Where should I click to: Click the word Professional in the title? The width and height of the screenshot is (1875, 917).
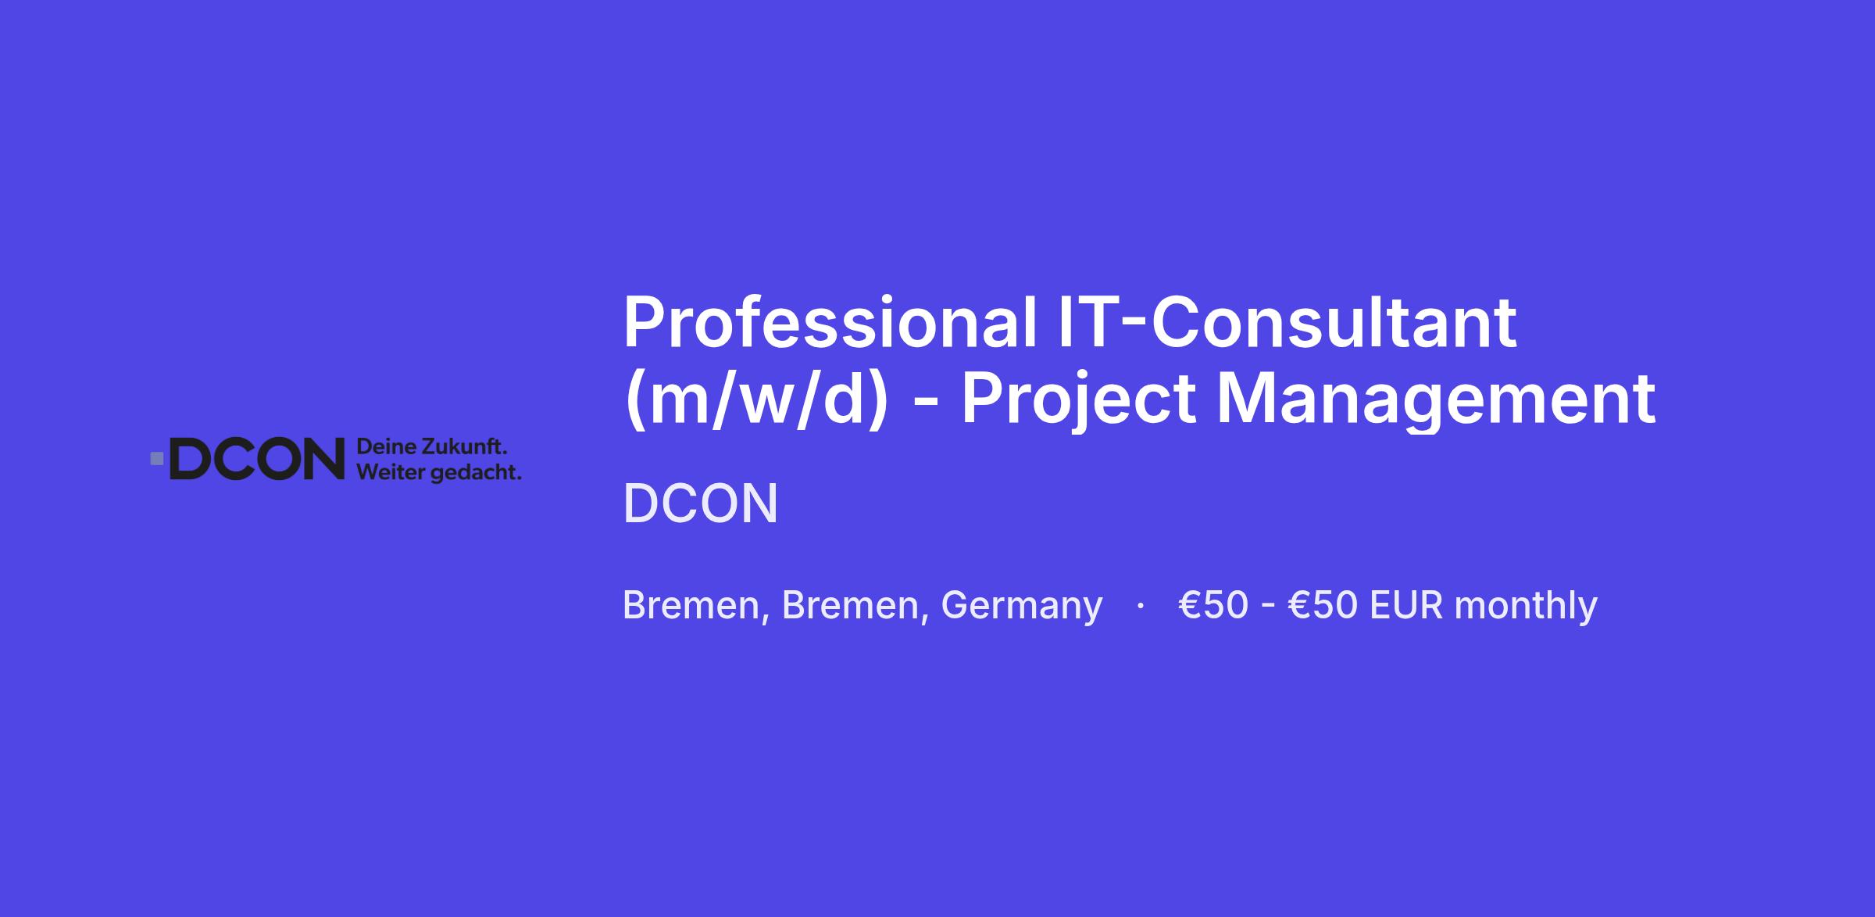pyautogui.click(x=830, y=322)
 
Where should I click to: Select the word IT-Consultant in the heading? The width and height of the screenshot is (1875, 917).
pyautogui.click(x=1287, y=322)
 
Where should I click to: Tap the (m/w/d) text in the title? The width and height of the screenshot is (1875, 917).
pyautogui.click(x=756, y=399)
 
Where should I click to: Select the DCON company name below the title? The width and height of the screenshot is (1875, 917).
pyautogui.click(x=701, y=503)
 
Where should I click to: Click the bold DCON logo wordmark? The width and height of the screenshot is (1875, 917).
pyautogui.click(x=257, y=459)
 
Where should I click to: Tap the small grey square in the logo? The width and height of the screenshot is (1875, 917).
pyautogui.click(x=157, y=459)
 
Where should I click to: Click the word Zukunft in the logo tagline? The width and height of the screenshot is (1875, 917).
pyautogui.click(x=465, y=448)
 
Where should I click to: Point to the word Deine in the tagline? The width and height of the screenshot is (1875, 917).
pyautogui.click(x=386, y=448)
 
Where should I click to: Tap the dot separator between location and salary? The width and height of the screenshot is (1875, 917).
pyautogui.click(x=1141, y=605)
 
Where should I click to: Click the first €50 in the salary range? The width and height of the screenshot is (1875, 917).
pyautogui.click(x=1213, y=606)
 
